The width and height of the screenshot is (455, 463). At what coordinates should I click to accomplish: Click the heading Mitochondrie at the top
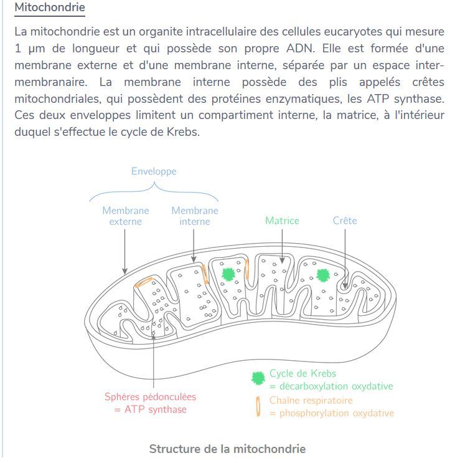(x=49, y=9)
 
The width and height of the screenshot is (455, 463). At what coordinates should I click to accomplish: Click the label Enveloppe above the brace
(x=154, y=171)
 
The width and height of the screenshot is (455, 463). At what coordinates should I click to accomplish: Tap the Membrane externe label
(x=126, y=216)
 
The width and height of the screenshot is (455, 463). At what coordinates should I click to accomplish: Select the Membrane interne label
(x=195, y=216)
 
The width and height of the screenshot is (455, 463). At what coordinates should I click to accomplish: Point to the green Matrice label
(x=282, y=221)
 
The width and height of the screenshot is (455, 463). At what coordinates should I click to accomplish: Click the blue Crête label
(x=345, y=221)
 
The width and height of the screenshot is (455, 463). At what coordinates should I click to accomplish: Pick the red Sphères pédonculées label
(x=150, y=397)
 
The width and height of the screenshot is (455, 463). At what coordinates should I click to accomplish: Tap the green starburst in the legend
(x=258, y=378)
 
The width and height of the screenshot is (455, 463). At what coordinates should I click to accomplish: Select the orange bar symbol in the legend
(x=258, y=406)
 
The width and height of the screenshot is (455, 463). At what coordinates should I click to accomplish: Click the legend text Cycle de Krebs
(x=303, y=374)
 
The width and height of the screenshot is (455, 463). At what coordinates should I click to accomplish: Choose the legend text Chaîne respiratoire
(x=311, y=400)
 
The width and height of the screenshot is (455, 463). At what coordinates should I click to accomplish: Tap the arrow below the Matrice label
(x=283, y=246)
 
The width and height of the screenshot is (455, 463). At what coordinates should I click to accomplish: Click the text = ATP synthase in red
(x=151, y=409)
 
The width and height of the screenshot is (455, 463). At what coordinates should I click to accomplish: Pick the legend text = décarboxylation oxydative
(x=331, y=386)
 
